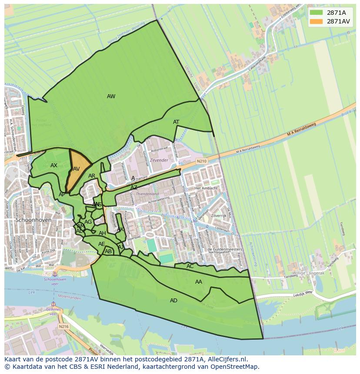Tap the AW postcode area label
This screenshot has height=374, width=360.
[111, 96]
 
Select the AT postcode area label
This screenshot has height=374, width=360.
[176, 122]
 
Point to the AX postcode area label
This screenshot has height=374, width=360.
[54, 165]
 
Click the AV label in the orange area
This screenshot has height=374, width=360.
[77, 169]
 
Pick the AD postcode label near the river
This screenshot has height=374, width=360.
[173, 301]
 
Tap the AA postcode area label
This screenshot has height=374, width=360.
[199, 282]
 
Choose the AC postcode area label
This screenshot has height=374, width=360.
[190, 266]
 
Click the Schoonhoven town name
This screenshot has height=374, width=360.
[33, 220]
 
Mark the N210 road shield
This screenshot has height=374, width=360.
[202, 161]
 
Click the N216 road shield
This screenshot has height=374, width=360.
[64, 326]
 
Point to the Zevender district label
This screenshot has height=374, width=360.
[159, 160]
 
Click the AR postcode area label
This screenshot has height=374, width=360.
[92, 176]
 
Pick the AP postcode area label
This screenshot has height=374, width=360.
[62, 195]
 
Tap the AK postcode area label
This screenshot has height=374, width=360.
[120, 229]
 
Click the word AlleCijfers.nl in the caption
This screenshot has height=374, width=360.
[227, 359]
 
